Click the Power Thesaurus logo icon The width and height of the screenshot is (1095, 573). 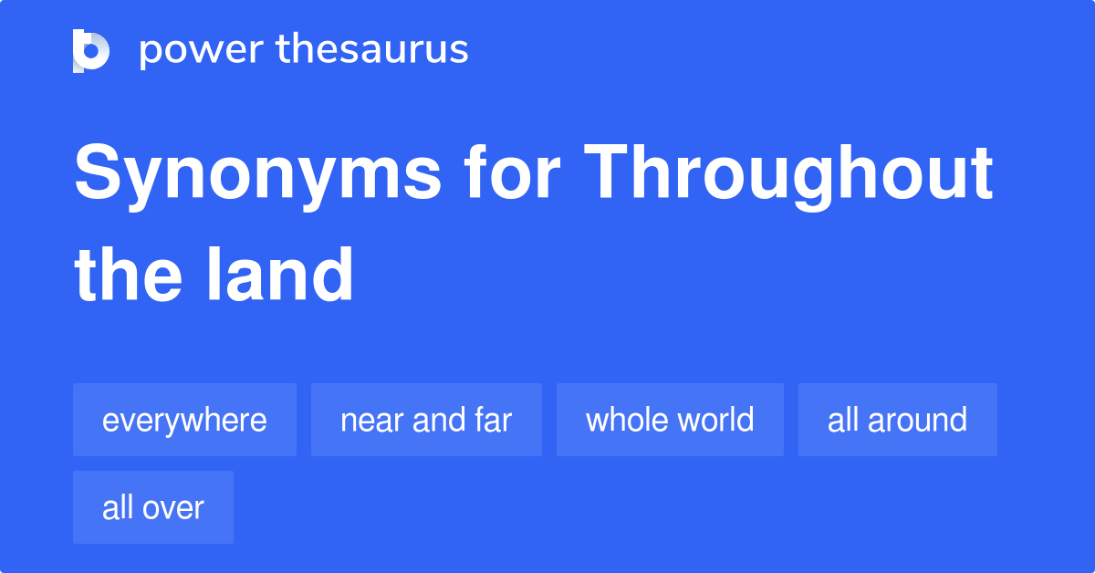coord(91,50)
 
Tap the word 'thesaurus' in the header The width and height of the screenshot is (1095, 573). coord(373,50)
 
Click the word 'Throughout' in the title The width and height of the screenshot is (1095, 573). coord(788,173)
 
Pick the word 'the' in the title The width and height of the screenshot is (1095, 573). coord(127,274)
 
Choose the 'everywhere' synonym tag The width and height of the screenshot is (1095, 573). coord(184,420)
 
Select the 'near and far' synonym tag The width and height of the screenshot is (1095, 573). coord(426,420)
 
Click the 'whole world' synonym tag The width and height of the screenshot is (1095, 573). coord(670,420)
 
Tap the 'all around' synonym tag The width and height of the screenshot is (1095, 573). coord(897,420)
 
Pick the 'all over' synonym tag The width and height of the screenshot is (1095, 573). coord(153,507)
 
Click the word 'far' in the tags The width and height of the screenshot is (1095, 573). coord(493,420)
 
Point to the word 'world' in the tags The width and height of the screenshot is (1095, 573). coord(716,420)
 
